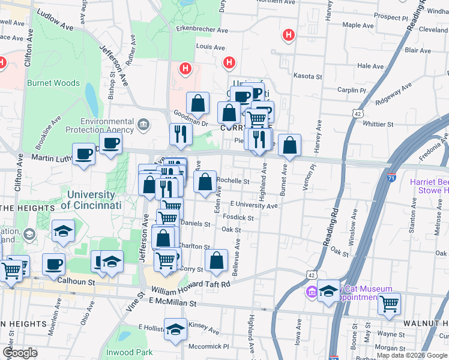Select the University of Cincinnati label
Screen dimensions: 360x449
point(92,200)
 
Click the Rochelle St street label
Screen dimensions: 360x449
point(233,181)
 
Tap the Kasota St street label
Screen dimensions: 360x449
point(308,77)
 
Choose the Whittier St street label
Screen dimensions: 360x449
point(378,124)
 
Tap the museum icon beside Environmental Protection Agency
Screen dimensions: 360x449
point(143,125)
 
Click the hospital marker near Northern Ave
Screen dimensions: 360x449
point(289,35)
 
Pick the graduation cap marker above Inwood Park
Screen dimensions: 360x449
point(175,329)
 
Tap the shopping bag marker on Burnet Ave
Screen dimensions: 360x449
point(289,145)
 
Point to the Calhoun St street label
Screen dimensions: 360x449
point(76,281)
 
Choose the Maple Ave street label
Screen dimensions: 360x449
point(358,26)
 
